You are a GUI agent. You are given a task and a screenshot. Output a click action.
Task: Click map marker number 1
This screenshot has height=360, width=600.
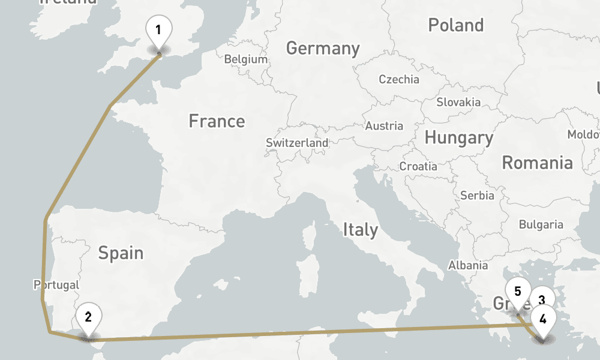159,31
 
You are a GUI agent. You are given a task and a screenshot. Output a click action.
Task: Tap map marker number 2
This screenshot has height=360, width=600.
88,317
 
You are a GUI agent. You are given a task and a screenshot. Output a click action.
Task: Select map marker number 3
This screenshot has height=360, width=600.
541,300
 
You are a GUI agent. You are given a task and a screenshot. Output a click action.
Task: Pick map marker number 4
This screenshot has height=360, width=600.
543,319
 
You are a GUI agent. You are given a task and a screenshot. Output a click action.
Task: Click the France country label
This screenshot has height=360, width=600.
217,121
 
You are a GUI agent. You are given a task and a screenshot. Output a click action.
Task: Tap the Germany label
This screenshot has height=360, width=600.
323,49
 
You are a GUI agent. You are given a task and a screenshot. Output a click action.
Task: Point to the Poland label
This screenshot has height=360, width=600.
456,25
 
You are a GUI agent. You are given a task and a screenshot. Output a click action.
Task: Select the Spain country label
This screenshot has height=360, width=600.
121,253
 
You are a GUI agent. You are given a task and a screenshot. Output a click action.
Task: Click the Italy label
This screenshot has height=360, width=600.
361,230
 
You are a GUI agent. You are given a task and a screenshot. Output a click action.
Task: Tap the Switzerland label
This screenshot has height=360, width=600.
297,143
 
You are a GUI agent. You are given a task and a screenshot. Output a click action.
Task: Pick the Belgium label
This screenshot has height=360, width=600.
245,59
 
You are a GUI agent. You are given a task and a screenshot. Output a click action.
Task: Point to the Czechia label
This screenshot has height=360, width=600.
399,79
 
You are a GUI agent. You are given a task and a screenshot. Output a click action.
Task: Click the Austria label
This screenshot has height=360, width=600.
384,126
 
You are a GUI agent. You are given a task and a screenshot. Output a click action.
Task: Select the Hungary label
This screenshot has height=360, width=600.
459,138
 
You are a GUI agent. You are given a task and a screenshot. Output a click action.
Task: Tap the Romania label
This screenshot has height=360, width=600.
537,163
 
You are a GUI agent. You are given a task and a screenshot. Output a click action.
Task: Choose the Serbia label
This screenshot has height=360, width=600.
477,196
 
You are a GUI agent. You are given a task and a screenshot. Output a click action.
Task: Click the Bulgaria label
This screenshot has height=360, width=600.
541,225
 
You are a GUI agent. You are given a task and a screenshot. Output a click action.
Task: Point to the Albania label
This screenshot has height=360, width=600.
468,265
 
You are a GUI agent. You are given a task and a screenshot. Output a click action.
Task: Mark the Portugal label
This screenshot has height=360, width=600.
57,284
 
